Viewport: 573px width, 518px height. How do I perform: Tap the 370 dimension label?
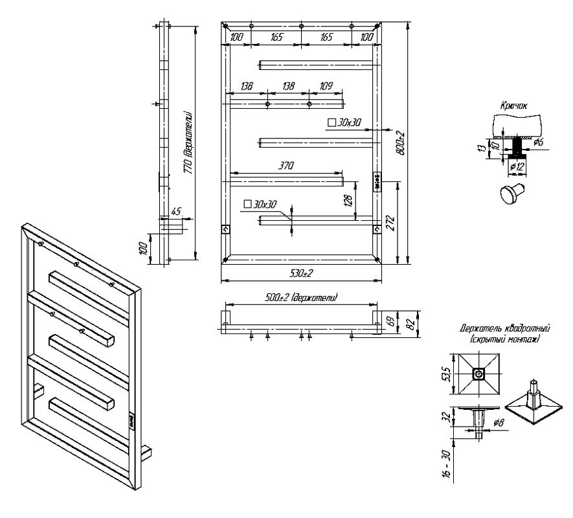[286, 166]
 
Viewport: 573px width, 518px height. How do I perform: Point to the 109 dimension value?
[326, 86]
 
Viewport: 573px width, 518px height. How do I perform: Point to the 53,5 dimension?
[446, 375]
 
